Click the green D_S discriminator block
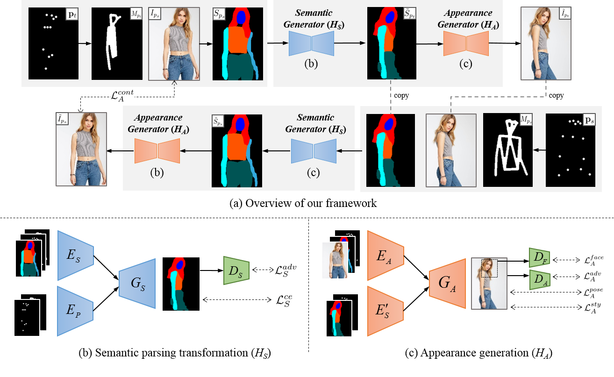coord(237,270)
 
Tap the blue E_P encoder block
coord(76,312)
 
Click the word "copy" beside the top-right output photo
coord(556,95)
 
